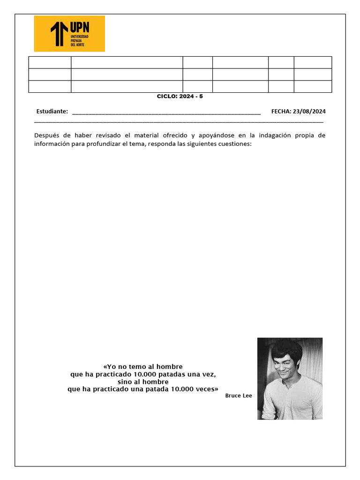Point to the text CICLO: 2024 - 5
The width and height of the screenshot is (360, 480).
pyautogui.click(x=180, y=96)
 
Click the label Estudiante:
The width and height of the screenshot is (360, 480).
pyautogui.click(x=52, y=112)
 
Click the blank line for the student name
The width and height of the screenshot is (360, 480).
pyautogui.click(x=166, y=112)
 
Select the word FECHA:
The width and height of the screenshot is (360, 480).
pyautogui.click(x=281, y=112)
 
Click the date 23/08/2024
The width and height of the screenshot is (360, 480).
pyautogui.click(x=309, y=112)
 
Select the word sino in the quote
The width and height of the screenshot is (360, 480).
pyautogui.click(x=125, y=382)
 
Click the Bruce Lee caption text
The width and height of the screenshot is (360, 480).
pyautogui.click(x=239, y=396)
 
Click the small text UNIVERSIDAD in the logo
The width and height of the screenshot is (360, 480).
pyautogui.click(x=79, y=36)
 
